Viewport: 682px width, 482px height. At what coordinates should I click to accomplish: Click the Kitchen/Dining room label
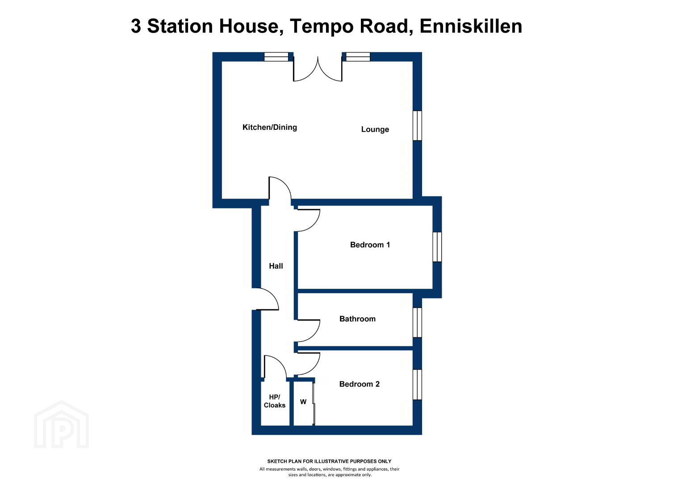click(x=269, y=127)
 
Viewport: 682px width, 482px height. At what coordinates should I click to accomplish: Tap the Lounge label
click(x=375, y=129)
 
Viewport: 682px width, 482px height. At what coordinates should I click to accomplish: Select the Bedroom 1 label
click(x=370, y=245)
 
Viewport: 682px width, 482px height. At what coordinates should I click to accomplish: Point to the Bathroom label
click(x=357, y=319)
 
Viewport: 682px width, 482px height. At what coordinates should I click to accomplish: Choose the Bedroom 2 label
click(x=359, y=384)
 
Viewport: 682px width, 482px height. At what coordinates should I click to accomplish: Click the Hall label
click(x=276, y=266)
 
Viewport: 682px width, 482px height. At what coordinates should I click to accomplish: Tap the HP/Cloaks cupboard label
click(x=274, y=401)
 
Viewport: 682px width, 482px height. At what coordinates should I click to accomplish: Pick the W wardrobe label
click(x=303, y=402)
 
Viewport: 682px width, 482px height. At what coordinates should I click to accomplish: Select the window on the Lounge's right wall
click(x=417, y=125)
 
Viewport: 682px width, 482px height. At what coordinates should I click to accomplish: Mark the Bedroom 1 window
click(x=437, y=246)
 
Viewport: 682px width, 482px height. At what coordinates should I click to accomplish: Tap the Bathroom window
click(x=417, y=322)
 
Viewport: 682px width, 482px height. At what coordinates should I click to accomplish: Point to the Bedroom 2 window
click(x=417, y=384)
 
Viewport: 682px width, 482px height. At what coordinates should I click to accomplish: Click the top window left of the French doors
click(x=276, y=57)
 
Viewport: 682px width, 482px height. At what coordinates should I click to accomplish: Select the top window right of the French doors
click(x=358, y=57)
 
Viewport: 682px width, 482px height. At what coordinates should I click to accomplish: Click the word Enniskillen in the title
click(x=471, y=26)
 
